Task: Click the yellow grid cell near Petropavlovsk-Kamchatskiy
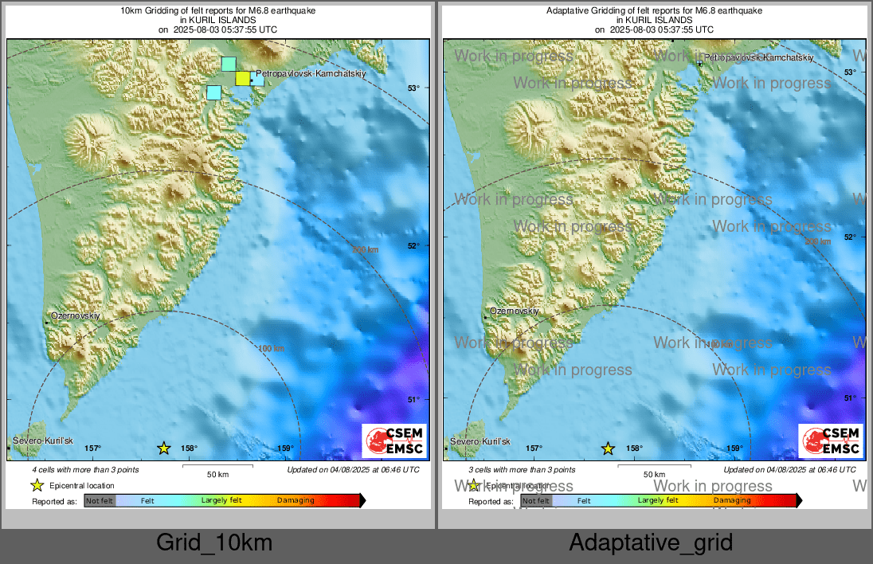pyautogui.click(x=242, y=78)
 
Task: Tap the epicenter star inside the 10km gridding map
pyautogui.click(x=164, y=448)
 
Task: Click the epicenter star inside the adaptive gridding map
pyautogui.click(x=608, y=448)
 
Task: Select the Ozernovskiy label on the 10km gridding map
pyautogui.click(x=76, y=316)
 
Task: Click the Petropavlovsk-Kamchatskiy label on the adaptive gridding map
pyautogui.click(x=759, y=57)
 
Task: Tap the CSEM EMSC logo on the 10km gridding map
pyautogui.click(x=394, y=441)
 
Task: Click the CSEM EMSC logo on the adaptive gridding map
pyautogui.click(x=831, y=441)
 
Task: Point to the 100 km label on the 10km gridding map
pyautogui.click(x=271, y=348)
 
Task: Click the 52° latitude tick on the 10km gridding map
pyautogui.click(x=413, y=245)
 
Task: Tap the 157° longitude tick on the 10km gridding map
pyautogui.click(x=93, y=448)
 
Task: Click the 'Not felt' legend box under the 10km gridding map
pyautogui.click(x=100, y=500)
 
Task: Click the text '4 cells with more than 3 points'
pyautogui.click(x=86, y=470)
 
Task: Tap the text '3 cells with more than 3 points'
pyautogui.click(x=522, y=470)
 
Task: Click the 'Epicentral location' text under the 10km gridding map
pyautogui.click(x=82, y=485)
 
